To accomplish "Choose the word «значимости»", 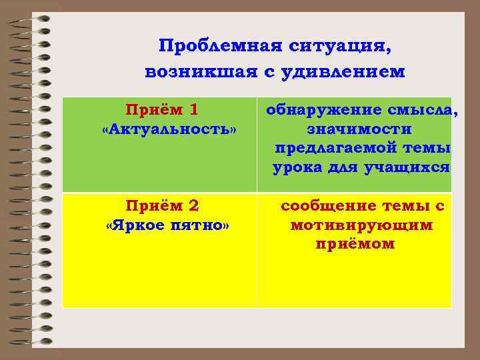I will (x=359, y=129).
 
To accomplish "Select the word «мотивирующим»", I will (x=361, y=225).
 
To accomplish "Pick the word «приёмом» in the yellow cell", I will (x=355, y=245).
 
